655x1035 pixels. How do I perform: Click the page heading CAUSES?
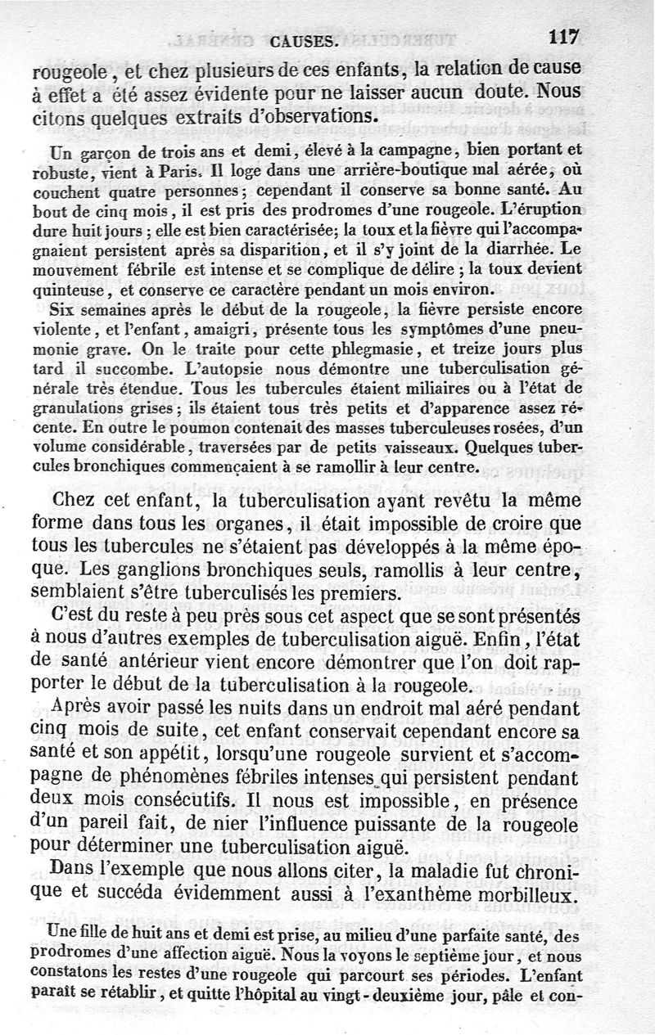pyautogui.click(x=301, y=38)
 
